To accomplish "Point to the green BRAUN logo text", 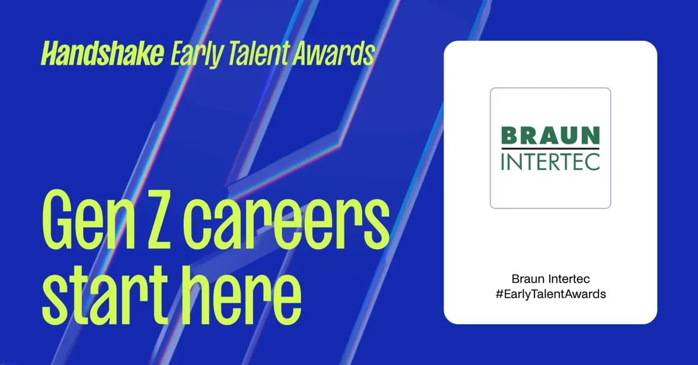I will [550, 136].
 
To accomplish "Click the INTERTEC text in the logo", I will [550, 161].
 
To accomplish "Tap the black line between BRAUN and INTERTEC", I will [550, 148].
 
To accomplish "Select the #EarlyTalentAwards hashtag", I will [550, 294].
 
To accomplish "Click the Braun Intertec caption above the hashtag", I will [550, 279].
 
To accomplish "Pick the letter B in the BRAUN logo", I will [510, 136].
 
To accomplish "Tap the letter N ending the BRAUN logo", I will [590, 136].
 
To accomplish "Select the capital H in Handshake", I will [49, 55].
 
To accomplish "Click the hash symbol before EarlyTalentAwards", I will [498, 294].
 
